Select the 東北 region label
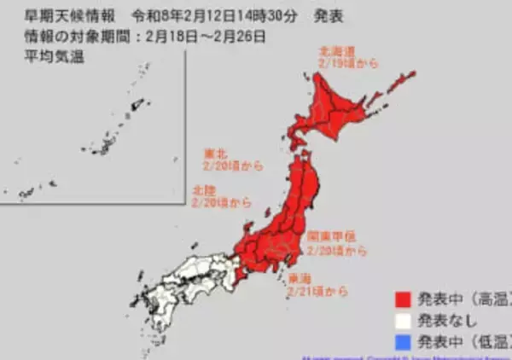coord(215,155)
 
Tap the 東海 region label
coord(302,278)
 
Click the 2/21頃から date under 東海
coord(317,292)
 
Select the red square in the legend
coord(402,299)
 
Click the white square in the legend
coord(402,322)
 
